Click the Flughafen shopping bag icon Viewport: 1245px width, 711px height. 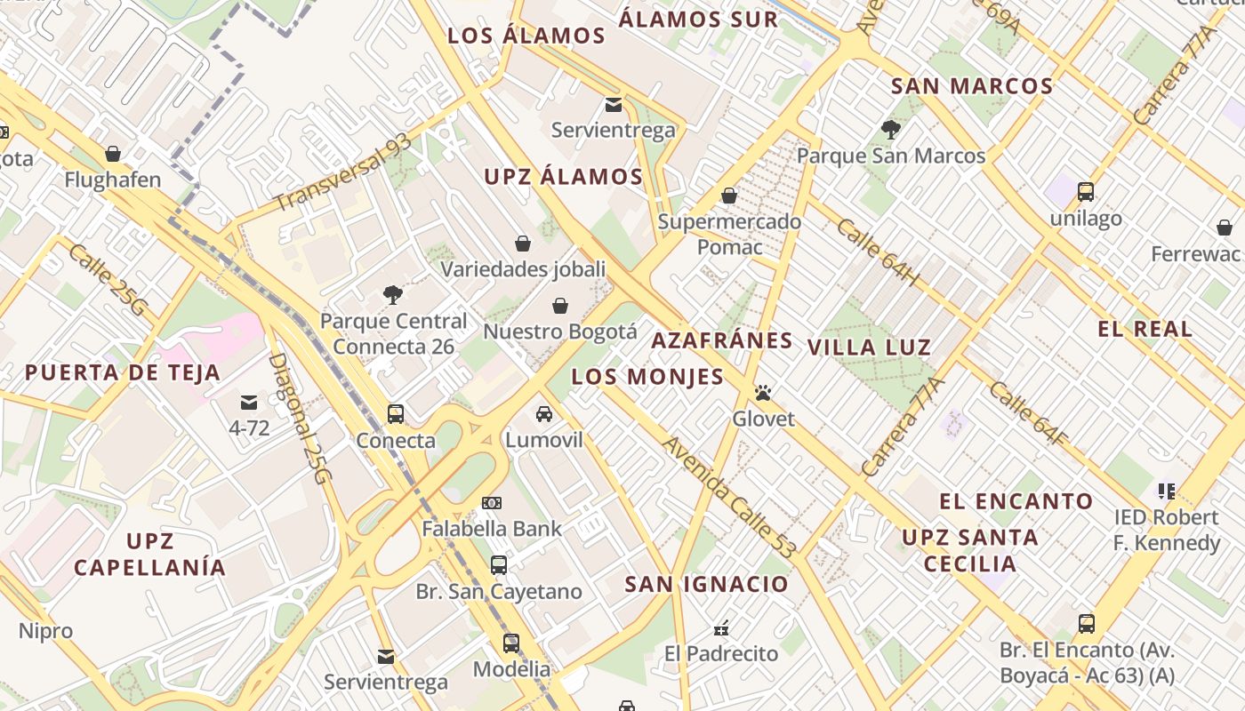[x=113, y=154]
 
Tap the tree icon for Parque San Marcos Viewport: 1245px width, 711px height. [x=890, y=130]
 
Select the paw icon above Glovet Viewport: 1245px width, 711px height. [x=763, y=392]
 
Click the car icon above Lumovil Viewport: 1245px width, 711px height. [x=543, y=414]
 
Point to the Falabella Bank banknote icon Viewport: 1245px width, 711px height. [x=491, y=503]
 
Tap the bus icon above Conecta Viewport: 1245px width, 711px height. [x=396, y=414]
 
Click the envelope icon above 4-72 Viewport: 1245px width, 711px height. [x=249, y=403]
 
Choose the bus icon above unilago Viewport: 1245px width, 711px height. [x=1085, y=191]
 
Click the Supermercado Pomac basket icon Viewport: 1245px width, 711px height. [x=729, y=196]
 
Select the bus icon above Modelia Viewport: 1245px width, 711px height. [x=510, y=643]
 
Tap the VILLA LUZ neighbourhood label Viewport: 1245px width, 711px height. [x=869, y=348]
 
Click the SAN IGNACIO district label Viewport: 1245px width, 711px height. [x=706, y=584]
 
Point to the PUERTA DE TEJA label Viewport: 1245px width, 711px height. [x=122, y=372]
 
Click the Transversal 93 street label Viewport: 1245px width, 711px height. [x=342, y=173]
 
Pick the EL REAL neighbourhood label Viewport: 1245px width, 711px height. [x=1145, y=329]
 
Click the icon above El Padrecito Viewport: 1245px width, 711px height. [x=721, y=628]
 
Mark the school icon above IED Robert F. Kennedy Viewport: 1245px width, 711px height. [x=1167, y=491]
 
